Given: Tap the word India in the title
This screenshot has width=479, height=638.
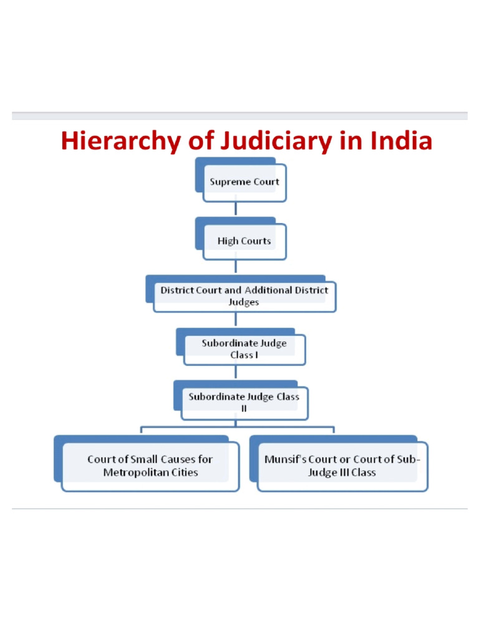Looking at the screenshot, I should tap(401, 141).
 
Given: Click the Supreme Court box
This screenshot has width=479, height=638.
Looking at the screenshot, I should tap(244, 182).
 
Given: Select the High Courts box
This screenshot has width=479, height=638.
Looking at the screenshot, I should tap(244, 240).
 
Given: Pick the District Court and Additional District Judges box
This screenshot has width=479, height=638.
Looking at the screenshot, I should tap(244, 296).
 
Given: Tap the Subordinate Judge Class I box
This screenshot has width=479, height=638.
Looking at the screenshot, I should tap(244, 349).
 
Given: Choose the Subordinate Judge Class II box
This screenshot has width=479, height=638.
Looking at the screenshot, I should tap(244, 402).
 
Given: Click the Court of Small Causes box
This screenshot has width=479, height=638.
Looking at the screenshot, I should tap(150, 465).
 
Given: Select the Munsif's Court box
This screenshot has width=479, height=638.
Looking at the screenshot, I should tap(342, 465).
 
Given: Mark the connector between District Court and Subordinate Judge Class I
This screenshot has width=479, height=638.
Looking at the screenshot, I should tap(235, 320).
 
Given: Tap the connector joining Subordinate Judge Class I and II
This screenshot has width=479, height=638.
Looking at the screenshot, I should tap(235, 373).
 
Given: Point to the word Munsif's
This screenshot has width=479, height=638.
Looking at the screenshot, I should tap(285, 459).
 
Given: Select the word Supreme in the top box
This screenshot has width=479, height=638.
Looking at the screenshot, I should tap(226, 182).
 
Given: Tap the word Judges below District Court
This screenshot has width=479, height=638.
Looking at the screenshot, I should tap(244, 302).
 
